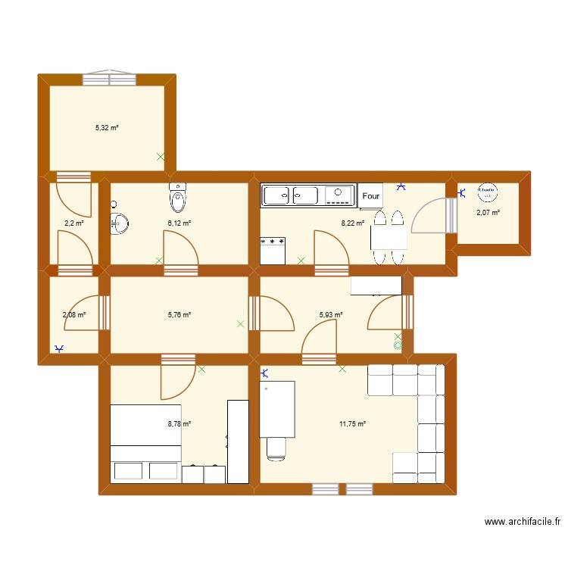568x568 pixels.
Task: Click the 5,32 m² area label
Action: (107, 128)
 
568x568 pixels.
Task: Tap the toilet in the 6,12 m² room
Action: (178, 199)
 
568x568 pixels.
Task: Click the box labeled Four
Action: (371, 196)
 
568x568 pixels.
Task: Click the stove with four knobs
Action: (273, 250)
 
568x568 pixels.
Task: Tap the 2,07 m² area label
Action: (488, 213)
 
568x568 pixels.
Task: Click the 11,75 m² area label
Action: (353, 424)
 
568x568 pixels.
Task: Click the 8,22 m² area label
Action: (353, 223)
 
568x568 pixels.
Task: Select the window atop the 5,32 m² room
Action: (110, 77)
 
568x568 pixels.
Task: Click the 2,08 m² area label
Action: (73, 314)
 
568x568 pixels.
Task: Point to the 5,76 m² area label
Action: (179, 314)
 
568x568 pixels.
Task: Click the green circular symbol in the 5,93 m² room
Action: (398, 345)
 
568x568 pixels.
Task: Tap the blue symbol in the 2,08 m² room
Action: (60, 348)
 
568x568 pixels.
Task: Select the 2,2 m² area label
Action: (73, 223)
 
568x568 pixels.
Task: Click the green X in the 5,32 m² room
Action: (160, 157)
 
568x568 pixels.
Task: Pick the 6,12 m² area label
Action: (179, 223)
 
